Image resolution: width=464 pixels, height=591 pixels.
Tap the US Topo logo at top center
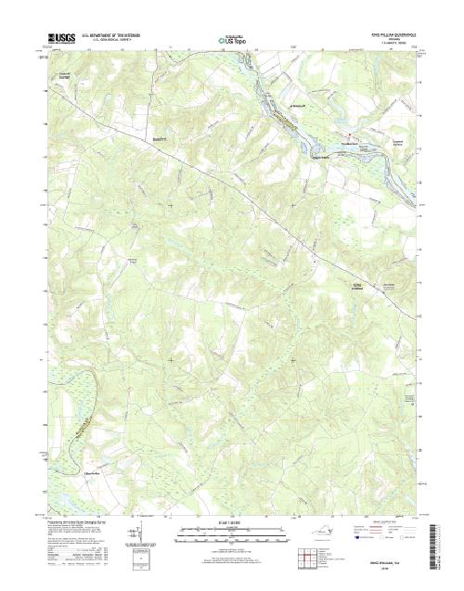pyautogui.click(x=231, y=40)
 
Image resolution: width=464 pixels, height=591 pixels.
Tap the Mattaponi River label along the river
pyautogui.click(x=288, y=119)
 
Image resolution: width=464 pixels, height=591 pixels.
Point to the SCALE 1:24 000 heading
pyautogui.click(x=231, y=521)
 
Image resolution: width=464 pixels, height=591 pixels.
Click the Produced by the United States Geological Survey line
pyautogui.click(x=84, y=521)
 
